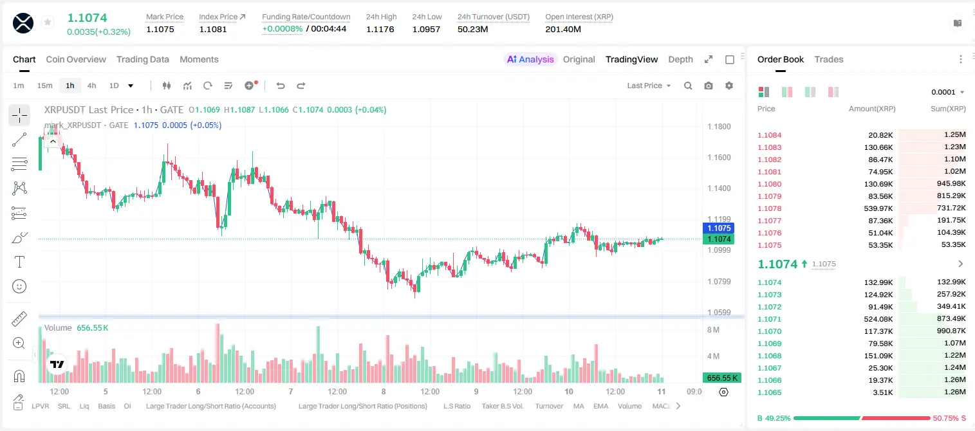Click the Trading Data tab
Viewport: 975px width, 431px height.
[x=142, y=59]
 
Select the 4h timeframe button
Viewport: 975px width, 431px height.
[x=91, y=86]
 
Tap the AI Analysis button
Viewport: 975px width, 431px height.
[x=530, y=59]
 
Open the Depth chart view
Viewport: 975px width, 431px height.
[x=680, y=59]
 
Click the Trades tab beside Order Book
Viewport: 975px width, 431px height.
[x=829, y=59]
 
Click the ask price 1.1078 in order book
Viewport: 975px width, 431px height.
[x=770, y=208]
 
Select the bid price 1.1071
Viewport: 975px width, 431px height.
[x=770, y=319]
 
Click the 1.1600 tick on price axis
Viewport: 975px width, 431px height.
[x=719, y=158]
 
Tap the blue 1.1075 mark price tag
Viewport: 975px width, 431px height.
[x=719, y=228]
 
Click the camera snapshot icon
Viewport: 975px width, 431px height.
[x=709, y=86]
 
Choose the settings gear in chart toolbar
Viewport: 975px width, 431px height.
[x=729, y=86]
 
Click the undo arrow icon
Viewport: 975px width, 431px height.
[x=281, y=86]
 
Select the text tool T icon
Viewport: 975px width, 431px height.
[x=19, y=262]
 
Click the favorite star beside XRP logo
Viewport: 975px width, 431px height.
[x=48, y=22]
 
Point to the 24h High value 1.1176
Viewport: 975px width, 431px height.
[x=380, y=29]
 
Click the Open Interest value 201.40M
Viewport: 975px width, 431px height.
[x=563, y=29]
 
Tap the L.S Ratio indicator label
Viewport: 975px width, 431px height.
[x=456, y=406]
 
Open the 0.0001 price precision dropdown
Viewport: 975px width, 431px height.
[x=947, y=92]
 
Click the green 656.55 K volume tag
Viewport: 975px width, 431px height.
[x=722, y=378]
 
